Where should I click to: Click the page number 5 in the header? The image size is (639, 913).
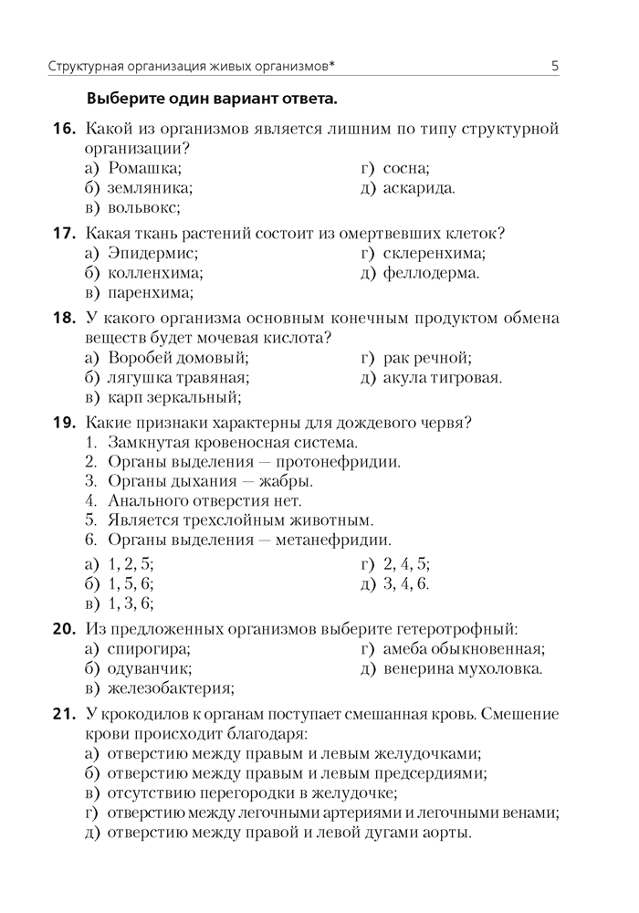(x=555, y=66)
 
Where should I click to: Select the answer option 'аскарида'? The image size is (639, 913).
(x=419, y=188)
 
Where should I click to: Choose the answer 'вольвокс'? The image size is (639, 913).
(x=143, y=208)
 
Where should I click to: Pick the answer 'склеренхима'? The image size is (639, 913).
(x=434, y=253)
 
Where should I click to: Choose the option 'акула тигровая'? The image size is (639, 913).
(x=443, y=377)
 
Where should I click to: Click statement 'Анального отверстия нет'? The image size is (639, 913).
(x=204, y=500)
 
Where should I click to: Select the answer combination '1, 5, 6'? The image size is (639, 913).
(x=131, y=583)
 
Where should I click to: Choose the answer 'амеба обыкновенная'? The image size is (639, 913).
(x=464, y=649)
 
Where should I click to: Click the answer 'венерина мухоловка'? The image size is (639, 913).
(x=462, y=668)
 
